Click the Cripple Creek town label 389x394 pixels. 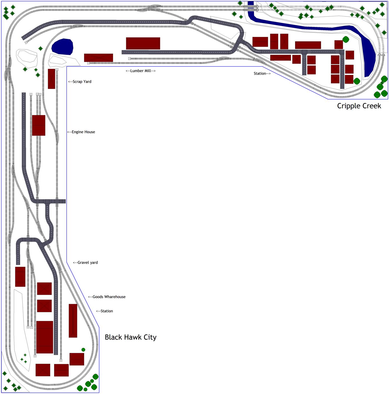pos(359,106)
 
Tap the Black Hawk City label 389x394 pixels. pos(131,337)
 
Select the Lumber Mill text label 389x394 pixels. pos(141,71)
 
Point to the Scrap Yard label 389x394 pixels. pos(80,82)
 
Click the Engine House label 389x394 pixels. pos(81,132)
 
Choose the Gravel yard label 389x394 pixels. pos(86,263)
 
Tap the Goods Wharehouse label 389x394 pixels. pos(107,297)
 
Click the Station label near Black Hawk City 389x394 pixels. pos(104,311)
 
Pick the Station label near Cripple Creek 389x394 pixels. pos(262,74)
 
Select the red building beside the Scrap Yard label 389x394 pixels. pos(51,79)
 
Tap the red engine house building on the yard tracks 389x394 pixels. pos(39,125)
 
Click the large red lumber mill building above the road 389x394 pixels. pos(143,43)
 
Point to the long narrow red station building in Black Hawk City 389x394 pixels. pos(73,321)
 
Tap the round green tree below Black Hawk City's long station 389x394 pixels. pos(83,350)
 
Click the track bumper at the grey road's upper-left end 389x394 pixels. pos(26,43)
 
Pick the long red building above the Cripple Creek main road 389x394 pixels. pos(308,45)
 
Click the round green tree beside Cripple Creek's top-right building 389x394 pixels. pos(346,39)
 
